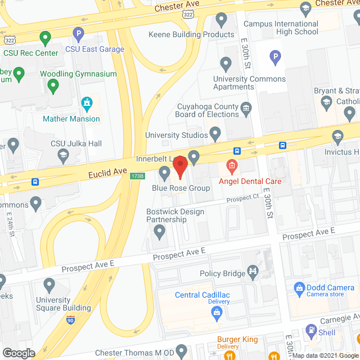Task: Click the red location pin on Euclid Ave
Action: [x=180, y=167]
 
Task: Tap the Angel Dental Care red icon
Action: [x=231, y=166]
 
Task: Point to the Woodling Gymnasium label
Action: [x=78, y=74]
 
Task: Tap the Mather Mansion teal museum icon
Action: [x=87, y=103]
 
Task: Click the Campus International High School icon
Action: [x=305, y=8]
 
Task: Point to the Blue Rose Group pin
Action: [x=164, y=172]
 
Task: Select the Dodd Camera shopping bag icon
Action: [x=299, y=289]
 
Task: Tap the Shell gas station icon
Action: [x=310, y=330]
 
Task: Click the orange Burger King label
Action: [x=237, y=340]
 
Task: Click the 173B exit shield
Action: [x=137, y=176]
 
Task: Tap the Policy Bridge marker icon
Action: [x=254, y=272]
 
